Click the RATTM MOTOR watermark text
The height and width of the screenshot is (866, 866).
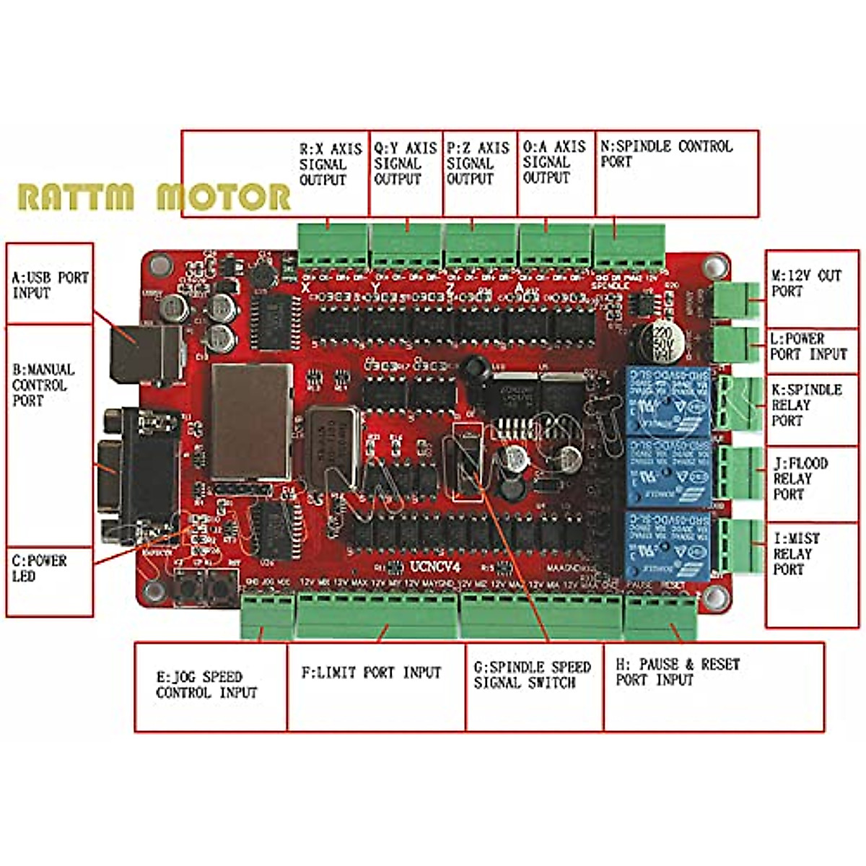pos(154,196)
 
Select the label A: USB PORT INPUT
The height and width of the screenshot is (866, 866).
pos(50,285)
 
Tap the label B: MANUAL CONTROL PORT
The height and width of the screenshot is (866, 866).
pos(43,384)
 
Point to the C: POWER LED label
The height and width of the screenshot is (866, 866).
pos(39,568)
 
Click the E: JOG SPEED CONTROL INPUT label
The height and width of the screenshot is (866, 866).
pos(206,685)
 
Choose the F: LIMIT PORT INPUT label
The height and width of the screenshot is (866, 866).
pos(370,673)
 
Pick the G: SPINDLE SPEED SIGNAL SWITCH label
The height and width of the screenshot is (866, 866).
pos(532,675)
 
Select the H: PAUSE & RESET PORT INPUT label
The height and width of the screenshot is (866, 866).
pos(678,672)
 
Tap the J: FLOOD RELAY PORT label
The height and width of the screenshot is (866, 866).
pos(800,478)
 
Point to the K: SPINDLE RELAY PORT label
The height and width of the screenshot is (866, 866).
pos(806,405)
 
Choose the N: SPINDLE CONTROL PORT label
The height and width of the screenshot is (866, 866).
pos(666,154)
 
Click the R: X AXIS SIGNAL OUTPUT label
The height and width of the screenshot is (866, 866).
pos(330,164)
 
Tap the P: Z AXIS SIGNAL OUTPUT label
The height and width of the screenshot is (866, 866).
pos(477,163)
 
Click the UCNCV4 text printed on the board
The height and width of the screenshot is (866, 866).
pos(434,567)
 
